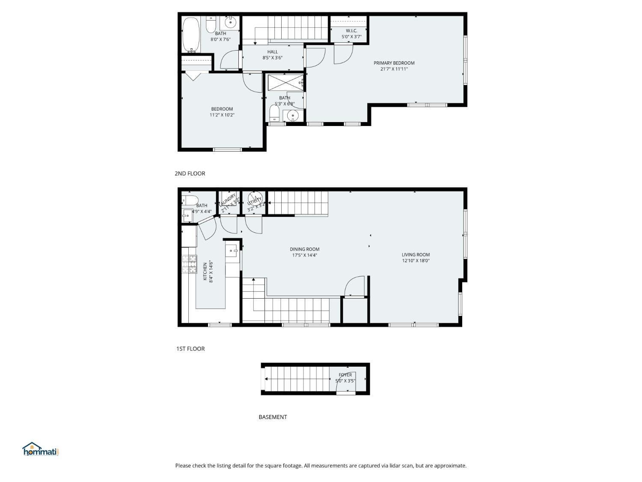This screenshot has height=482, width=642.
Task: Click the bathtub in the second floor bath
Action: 191,35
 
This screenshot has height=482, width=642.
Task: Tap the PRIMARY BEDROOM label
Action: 394,63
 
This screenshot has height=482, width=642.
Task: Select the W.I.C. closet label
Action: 351,31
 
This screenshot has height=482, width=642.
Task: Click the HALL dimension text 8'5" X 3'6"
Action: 272,58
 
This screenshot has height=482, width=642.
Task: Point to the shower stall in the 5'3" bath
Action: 285,82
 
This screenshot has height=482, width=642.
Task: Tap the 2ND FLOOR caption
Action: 190,174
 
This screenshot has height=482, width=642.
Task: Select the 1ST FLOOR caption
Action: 190,349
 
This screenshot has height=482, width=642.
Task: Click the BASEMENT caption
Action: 273,417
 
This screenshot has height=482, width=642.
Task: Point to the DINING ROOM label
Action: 304,249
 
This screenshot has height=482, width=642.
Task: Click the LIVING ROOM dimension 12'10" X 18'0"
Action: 415,260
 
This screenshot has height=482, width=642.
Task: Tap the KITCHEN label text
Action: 205,272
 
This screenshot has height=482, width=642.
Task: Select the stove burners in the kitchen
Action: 189,264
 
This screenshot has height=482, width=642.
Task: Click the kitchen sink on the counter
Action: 232,250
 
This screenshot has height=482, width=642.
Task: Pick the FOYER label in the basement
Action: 345,375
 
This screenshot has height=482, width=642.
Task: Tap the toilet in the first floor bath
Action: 190,201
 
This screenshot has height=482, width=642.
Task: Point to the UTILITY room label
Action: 254,201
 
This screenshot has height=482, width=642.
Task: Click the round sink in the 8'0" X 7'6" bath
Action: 231,22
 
